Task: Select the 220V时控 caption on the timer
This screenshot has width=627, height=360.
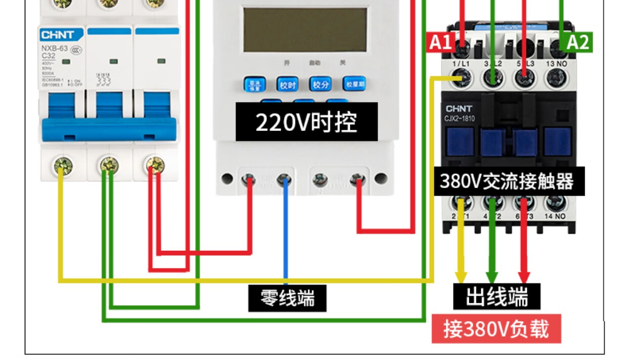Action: pos(306,122)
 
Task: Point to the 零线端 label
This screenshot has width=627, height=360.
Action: pos(287,298)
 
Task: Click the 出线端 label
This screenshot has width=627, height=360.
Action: pos(497,296)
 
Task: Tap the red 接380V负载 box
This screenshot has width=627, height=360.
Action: pos(496,329)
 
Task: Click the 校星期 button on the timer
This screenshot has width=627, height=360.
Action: pos(354,84)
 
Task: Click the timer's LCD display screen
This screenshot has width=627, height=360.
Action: pos(305,29)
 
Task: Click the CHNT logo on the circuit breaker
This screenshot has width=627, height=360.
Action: pos(57,35)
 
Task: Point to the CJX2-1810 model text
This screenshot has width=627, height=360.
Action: pos(460,118)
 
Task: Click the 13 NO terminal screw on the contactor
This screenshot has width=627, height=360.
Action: pos(557,77)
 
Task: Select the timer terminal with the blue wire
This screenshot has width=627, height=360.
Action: pos(285,179)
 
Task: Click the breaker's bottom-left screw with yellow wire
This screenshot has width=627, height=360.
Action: pos(64,165)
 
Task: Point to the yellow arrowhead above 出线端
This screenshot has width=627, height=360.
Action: pos(461,277)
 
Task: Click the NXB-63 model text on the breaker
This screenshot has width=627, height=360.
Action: pos(54,49)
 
